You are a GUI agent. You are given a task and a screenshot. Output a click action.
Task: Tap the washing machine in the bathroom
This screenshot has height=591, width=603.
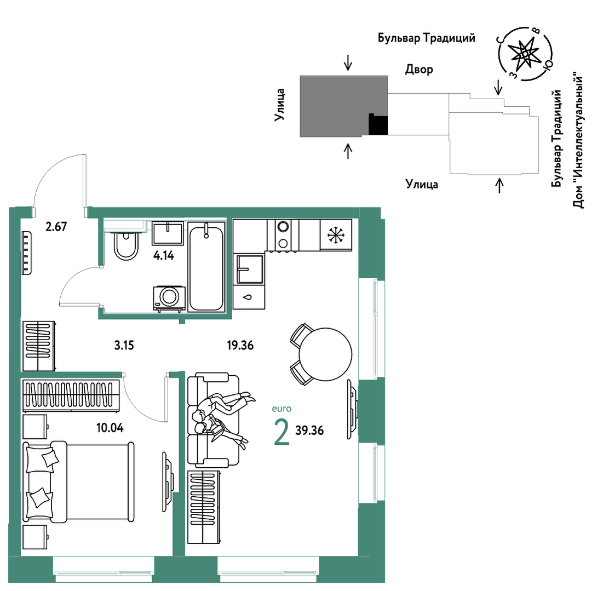pyautogui.click(x=169, y=297)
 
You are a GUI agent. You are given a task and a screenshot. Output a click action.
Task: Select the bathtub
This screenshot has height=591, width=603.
pyautogui.click(x=206, y=267)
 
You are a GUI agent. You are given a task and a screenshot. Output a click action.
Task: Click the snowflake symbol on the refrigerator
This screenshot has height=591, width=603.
pyautogui.click(x=336, y=234)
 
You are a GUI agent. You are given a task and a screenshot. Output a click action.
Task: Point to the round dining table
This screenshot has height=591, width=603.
pyautogui.click(x=325, y=354)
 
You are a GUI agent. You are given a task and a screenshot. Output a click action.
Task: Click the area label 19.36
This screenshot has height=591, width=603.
pyautogui.click(x=240, y=345)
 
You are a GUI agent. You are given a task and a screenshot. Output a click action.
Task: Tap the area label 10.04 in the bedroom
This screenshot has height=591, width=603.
pyautogui.click(x=110, y=428)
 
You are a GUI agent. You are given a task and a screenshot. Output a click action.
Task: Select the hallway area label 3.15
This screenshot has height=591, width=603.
pyautogui.click(x=124, y=345)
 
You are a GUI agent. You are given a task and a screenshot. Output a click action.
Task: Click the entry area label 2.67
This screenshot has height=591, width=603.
pyautogui.click(x=56, y=226)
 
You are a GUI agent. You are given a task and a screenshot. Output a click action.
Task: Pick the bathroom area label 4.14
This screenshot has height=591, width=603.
pyautogui.click(x=164, y=255)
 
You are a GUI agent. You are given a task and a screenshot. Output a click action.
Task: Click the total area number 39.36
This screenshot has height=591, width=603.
pyautogui.click(x=309, y=431)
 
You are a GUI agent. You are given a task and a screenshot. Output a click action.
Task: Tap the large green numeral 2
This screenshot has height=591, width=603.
pyautogui.click(x=282, y=432)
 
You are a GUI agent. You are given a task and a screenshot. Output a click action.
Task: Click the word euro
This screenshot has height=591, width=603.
pyautogui.click(x=282, y=409)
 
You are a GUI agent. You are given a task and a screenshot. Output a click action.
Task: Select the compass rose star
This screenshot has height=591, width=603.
pyautogui.click(x=525, y=54)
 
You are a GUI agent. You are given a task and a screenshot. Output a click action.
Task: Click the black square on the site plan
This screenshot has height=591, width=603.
pyautogui.click(x=378, y=124)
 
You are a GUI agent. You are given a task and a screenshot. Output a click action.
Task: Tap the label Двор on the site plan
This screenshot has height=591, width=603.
pyautogui.click(x=419, y=70)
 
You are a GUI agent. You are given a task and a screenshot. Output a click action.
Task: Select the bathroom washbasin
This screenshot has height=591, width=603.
pyautogui.click(x=168, y=233)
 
